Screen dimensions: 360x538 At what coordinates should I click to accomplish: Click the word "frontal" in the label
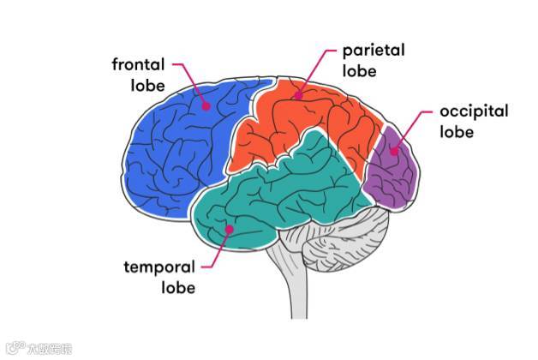pyautogui.click(x=139, y=64)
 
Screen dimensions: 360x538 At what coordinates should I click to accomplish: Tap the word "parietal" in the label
pyautogui.click(x=373, y=50)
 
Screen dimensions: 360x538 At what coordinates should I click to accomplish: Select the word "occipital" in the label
pyautogui.click(x=473, y=111)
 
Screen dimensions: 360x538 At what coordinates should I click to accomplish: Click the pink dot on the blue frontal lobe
pyautogui.click(x=206, y=106)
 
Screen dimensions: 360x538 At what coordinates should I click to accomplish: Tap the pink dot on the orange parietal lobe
pyautogui.click(x=298, y=94)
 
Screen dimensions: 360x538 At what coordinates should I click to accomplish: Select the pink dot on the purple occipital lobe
pyautogui.click(x=393, y=152)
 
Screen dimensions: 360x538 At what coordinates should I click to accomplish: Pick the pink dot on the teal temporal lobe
pyautogui.click(x=228, y=228)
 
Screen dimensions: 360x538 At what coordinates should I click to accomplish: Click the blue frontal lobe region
pyautogui.click(x=171, y=146)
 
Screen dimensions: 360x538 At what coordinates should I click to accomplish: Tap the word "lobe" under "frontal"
pyautogui.click(x=151, y=86)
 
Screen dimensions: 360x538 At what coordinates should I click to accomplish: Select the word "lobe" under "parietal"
pyautogui.click(x=360, y=71)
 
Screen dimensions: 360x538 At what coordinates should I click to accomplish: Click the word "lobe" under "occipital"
pyautogui.click(x=457, y=133)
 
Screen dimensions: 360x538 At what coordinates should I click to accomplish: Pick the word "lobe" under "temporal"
pyautogui.click(x=177, y=287)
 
